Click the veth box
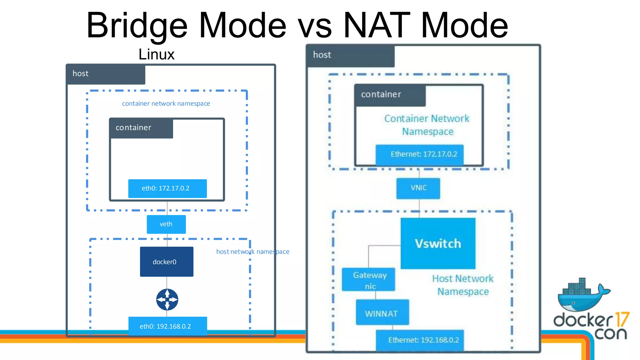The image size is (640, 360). [x=166, y=224]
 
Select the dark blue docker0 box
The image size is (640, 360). [x=167, y=262]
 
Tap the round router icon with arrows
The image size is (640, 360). [x=167, y=299]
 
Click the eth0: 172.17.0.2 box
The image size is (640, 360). [x=167, y=188]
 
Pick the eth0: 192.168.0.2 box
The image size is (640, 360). [x=167, y=326]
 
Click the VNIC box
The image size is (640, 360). [x=418, y=188]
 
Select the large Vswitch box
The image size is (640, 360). [x=438, y=243]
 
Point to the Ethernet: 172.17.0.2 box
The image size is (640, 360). [x=419, y=154]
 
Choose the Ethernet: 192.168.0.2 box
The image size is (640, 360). [x=420, y=340]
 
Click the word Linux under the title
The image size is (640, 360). [x=156, y=54]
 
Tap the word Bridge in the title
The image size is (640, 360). [x=137, y=26]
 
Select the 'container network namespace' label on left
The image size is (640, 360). [x=166, y=103]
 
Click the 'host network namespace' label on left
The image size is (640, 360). [x=252, y=252]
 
